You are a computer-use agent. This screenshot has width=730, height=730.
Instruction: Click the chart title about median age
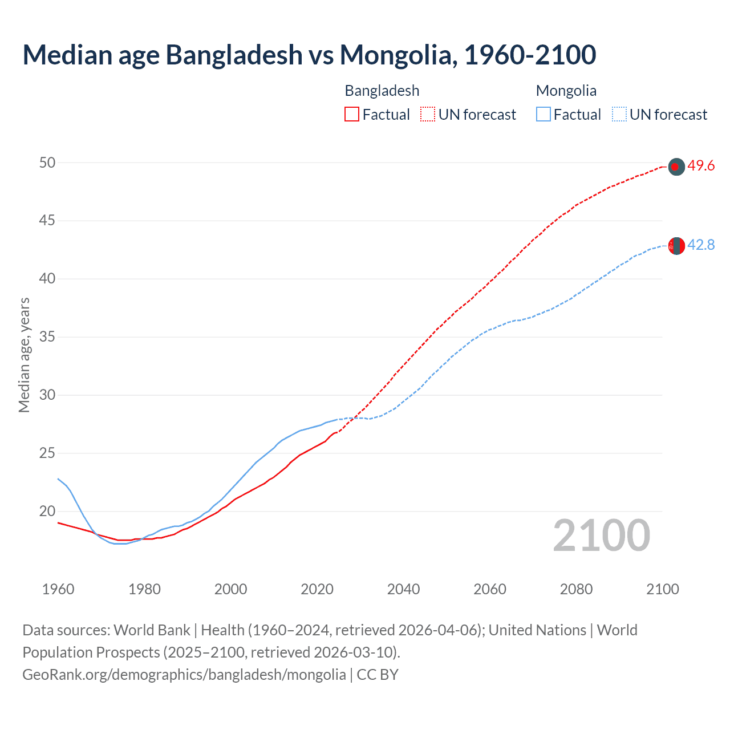tap(309, 55)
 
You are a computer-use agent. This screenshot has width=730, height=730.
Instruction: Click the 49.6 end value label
tap(701, 166)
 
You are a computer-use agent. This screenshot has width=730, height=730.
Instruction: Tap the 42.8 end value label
tap(701, 245)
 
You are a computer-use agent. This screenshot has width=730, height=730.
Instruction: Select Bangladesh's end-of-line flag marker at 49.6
tap(676, 167)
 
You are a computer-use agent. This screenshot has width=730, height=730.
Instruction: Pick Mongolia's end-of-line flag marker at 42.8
tap(676, 246)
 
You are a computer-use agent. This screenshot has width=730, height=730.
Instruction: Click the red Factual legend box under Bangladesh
tap(352, 115)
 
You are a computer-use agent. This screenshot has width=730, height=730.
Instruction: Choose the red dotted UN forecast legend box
tap(428, 115)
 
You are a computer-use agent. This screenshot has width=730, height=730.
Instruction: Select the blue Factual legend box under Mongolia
tap(544, 115)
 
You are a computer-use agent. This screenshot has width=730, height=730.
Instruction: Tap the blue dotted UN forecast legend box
tap(619, 115)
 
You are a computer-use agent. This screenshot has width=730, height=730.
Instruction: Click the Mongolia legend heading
tap(566, 91)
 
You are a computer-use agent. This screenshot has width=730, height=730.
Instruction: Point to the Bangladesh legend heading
tap(382, 91)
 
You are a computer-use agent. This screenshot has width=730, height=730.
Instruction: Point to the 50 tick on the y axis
tap(47, 163)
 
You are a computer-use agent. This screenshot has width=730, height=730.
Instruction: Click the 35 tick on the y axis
tap(47, 337)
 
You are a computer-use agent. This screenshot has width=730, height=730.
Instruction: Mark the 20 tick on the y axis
tap(47, 511)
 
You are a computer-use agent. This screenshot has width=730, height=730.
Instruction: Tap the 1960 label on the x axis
tap(58, 589)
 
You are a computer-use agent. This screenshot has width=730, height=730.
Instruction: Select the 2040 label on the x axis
tap(403, 589)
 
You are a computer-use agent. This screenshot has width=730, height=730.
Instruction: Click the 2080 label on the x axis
tap(576, 589)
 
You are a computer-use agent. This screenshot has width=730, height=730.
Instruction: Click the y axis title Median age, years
tap(24, 355)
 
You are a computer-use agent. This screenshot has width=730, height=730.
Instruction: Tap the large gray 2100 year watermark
tap(601, 536)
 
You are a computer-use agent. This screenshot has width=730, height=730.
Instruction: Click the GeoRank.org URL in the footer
tap(184, 675)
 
